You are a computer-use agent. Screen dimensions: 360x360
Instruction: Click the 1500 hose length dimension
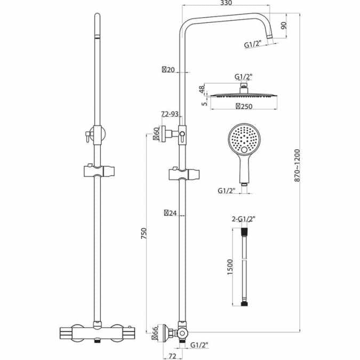(x=230, y=265)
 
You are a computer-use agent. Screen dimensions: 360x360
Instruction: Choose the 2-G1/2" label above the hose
(x=243, y=218)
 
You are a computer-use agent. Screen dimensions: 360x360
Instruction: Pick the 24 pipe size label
(x=170, y=213)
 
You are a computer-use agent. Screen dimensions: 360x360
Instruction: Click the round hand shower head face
(x=243, y=139)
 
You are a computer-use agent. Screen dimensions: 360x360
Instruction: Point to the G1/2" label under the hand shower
(x=228, y=190)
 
